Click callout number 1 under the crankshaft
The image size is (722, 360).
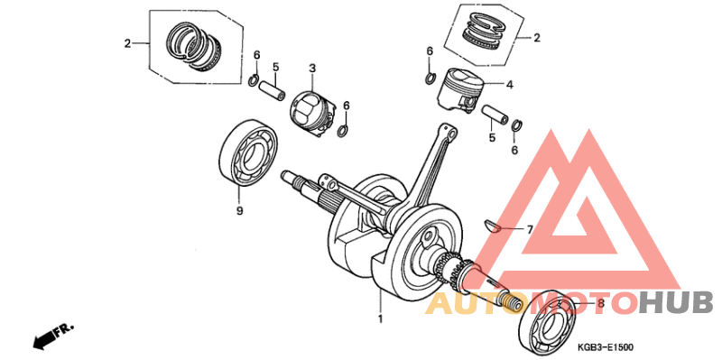[380, 319]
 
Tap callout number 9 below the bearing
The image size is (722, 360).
[239, 212]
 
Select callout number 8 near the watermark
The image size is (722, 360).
[600, 304]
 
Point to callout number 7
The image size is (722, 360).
[530, 229]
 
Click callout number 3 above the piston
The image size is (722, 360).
[311, 69]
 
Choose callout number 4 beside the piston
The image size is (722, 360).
[509, 85]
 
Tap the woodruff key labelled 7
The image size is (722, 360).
[494, 226]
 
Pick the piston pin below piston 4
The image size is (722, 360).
[495, 116]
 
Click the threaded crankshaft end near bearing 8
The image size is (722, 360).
[511, 301]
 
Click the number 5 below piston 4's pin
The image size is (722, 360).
[492, 138]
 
